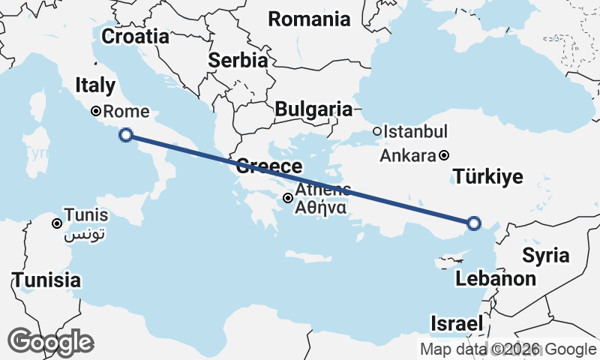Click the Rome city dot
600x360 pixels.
(96, 112)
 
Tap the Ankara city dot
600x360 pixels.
(445, 156)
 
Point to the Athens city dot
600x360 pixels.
(288, 198)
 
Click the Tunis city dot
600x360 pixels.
(56, 223)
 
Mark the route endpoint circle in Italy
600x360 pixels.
(126, 135)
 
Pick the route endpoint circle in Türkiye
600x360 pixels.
(473, 222)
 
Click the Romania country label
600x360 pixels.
(309, 19)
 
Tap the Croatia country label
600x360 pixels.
(135, 36)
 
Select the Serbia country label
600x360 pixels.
(238, 60)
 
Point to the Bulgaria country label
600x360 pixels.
(313, 109)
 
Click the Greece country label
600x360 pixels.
(269, 166)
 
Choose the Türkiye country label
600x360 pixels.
(488, 177)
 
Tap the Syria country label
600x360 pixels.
(545, 255)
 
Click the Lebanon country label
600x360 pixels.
(496, 280)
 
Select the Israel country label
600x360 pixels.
(455, 324)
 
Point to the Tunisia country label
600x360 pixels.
(46, 280)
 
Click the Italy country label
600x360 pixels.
(95, 86)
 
